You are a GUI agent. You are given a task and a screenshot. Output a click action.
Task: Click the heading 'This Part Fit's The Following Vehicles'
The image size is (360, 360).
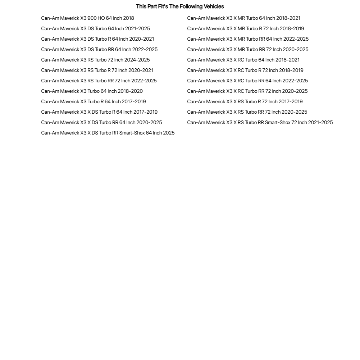(180, 6)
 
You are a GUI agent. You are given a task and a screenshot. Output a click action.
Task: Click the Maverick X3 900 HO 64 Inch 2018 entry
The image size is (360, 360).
(87, 18)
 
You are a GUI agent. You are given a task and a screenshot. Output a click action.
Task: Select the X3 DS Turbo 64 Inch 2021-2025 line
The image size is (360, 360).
(95, 28)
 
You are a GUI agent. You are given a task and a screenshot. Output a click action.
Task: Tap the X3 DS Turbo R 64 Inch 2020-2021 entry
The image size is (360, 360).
(97, 39)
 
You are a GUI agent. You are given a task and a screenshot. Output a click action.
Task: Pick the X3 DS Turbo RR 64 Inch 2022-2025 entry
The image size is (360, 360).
(99, 49)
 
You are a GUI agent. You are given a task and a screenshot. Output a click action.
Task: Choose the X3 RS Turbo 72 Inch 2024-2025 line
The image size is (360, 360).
(95, 60)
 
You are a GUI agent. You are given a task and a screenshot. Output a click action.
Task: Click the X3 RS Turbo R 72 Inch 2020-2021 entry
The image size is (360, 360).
(97, 70)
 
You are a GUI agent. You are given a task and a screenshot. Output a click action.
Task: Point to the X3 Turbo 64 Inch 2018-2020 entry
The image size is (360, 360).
(92, 91)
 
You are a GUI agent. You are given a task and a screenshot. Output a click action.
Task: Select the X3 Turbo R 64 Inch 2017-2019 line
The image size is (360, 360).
(94, 101)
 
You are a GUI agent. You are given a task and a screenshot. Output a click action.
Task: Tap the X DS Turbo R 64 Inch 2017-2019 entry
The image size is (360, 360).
(99, 112)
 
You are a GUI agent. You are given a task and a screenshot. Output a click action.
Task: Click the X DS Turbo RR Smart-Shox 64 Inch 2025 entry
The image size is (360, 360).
(108, 133)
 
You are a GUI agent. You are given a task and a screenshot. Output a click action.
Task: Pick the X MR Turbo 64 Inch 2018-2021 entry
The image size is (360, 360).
(243, 18)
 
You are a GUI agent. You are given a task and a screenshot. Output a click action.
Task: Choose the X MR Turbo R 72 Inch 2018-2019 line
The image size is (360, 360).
(246, 28)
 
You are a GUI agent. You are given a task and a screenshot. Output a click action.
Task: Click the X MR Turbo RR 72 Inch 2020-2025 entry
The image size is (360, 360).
(247, 49)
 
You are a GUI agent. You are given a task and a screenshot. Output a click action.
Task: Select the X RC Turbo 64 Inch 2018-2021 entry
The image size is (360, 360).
(243, 60)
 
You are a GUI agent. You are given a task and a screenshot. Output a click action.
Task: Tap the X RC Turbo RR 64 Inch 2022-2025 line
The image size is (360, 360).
(247, 81)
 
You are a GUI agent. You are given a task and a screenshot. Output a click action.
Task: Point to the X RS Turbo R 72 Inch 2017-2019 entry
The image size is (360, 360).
(245, 101)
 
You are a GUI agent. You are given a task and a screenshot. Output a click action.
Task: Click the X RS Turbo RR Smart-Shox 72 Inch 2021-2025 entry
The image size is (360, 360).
(260, 122)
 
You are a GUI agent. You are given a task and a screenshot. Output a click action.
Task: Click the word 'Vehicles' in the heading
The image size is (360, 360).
(214, 6)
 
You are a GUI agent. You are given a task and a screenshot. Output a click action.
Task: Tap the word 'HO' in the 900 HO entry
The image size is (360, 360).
(101, 18)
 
